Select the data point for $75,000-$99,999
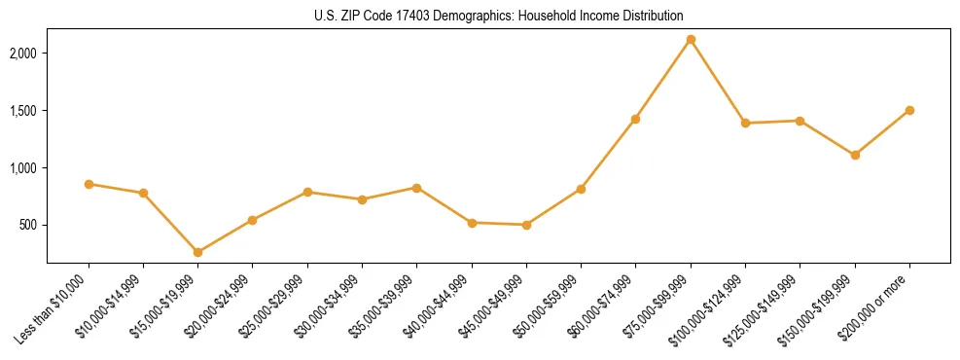691,40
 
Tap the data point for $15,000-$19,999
197,252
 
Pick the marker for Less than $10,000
89,184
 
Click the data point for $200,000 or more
909,110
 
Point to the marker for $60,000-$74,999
635,119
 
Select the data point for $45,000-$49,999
526,225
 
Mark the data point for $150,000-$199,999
855,155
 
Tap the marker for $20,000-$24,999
253,220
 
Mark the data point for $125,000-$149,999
800,121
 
